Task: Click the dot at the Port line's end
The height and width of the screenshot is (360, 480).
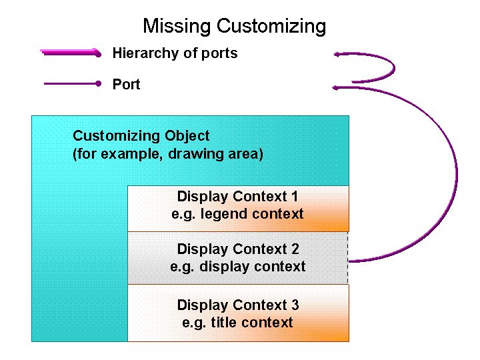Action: pos(98,84)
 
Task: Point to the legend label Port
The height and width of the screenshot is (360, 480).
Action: pos(127,85)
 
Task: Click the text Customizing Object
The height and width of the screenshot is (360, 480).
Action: pos(141,136)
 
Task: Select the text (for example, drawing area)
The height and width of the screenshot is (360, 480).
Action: pos(168,155)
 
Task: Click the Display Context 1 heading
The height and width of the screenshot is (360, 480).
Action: pos(237,197)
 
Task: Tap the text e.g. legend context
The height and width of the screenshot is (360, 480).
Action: pos(237,214)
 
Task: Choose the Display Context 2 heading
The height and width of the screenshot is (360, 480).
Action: pos(237,249)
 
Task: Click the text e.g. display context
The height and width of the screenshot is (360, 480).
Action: pos(237,267)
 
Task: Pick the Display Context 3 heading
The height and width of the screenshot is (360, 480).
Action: pos(237,305)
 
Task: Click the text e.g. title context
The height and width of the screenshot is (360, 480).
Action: pos(237,323)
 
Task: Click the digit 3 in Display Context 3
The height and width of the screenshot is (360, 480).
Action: pos(295,305)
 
